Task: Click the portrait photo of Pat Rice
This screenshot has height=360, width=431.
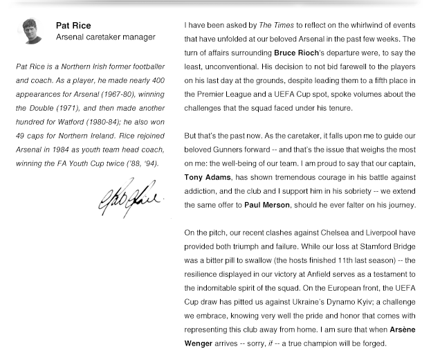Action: coord(32,31)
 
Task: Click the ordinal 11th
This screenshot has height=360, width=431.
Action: coord(341,260)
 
